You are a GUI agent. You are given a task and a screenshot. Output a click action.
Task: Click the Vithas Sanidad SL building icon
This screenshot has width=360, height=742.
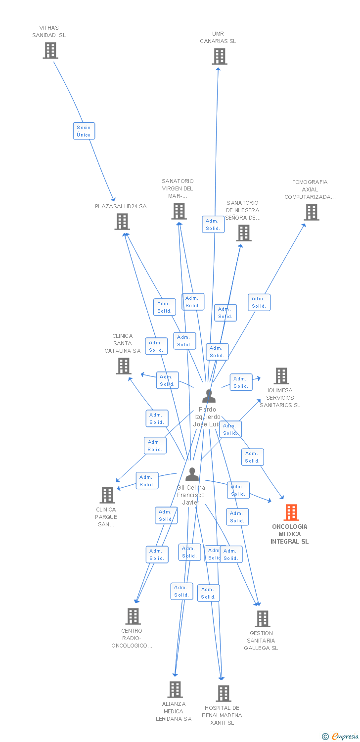pos(50,50)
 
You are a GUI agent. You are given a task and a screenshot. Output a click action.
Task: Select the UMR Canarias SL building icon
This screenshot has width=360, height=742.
pos(220,56)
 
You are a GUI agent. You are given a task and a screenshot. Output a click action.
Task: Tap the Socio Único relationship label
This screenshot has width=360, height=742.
pos(84,131)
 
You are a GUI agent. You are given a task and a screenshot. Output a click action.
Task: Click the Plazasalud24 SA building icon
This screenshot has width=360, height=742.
pos(122,222)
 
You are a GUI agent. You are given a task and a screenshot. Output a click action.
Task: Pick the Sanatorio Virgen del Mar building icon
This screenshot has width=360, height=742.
pos(179,211)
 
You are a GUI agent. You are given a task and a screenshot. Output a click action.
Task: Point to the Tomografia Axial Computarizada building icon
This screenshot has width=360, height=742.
pos(311,212)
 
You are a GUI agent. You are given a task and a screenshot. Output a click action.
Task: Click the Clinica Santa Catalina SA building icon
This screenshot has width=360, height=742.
pos(123,366)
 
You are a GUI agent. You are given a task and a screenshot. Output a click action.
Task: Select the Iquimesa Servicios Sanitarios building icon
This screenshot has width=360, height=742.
pos(281,376)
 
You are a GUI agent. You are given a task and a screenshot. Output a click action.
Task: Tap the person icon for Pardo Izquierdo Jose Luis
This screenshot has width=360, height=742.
pos(209,396)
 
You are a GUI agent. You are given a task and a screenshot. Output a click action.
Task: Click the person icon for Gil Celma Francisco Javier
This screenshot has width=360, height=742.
pos(192,474)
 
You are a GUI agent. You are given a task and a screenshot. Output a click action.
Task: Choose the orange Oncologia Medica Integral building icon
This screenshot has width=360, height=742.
pos(291,512)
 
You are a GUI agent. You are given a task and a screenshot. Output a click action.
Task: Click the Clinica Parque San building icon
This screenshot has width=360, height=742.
pos(107,495)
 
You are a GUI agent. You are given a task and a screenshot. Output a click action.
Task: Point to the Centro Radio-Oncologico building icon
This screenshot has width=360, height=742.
pos(133,616)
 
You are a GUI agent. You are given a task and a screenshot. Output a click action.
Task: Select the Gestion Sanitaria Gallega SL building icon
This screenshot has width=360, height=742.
pos(263,619)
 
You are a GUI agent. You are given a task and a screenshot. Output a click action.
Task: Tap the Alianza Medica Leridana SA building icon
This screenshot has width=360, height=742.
pos(175,690)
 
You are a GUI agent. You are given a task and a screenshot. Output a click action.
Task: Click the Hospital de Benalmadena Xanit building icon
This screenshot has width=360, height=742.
pos(223,694)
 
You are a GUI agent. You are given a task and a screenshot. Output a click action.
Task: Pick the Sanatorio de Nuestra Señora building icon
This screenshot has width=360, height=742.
pos(243,233)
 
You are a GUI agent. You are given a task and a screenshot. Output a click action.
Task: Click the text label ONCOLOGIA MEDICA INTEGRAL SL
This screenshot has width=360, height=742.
pos(289,534)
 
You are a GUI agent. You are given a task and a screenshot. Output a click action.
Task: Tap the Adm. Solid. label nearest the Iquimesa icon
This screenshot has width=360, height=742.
pos(241,382)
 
